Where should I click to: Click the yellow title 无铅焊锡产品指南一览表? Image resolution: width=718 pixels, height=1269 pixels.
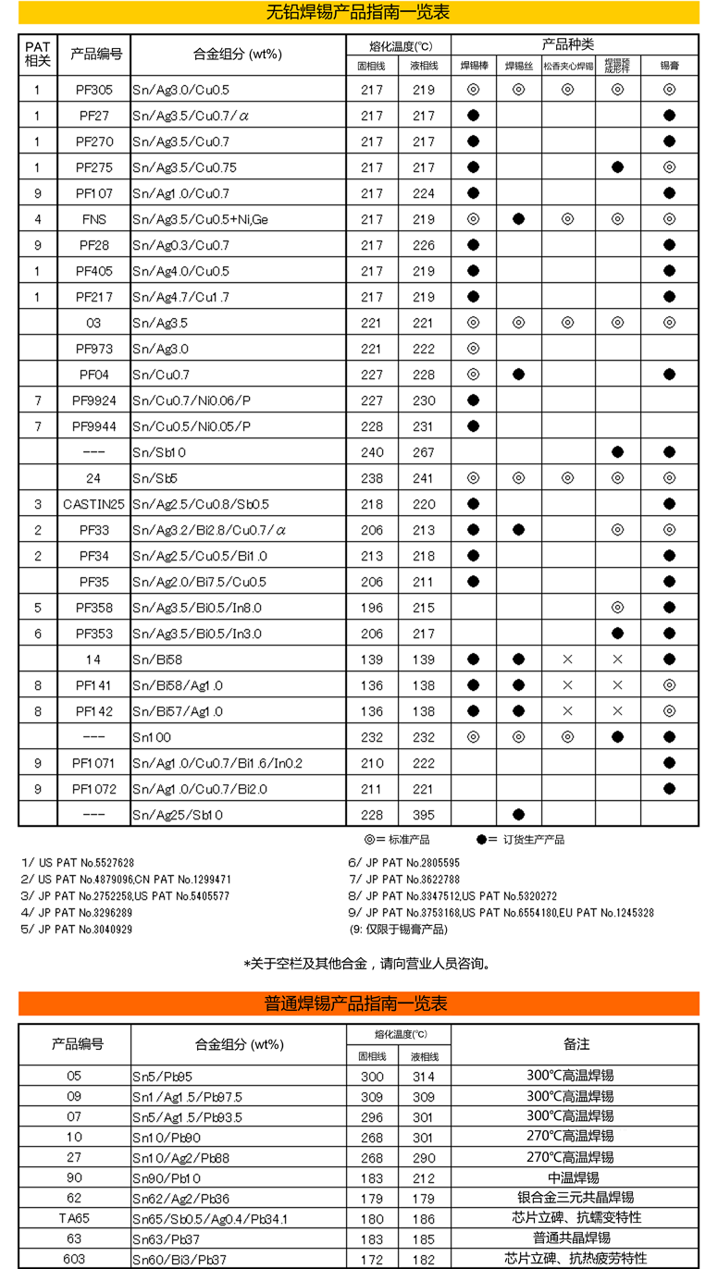tap(358, 12)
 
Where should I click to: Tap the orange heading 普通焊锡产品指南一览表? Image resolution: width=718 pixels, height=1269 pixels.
tap(358, 1004)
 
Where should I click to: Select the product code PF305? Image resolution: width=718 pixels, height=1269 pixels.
tap(94, 90)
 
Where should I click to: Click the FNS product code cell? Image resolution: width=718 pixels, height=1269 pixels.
tap(94, 219)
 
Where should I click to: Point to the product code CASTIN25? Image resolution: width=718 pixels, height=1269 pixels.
tap(93, 504)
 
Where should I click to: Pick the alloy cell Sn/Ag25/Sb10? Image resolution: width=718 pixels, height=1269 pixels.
tap(178, 815)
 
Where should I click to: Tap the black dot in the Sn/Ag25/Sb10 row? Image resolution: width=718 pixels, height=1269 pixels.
tap(518, 815)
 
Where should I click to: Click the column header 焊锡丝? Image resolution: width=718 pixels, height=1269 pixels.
tap(518, 66)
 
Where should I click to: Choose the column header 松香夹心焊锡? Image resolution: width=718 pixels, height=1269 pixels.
tap(568, 66)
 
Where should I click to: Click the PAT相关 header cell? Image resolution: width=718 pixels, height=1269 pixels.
tap(37, 54)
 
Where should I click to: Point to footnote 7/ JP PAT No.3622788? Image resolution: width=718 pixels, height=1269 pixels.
tap(403, 880)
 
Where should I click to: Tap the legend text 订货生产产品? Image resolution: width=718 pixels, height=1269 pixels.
tap(533, 840)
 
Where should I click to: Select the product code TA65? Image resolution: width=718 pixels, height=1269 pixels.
tap(74, 1218)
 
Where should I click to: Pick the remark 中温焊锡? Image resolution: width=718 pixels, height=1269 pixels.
tap(576, 1177)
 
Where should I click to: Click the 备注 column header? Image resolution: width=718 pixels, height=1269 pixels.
tap(576, 1043)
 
